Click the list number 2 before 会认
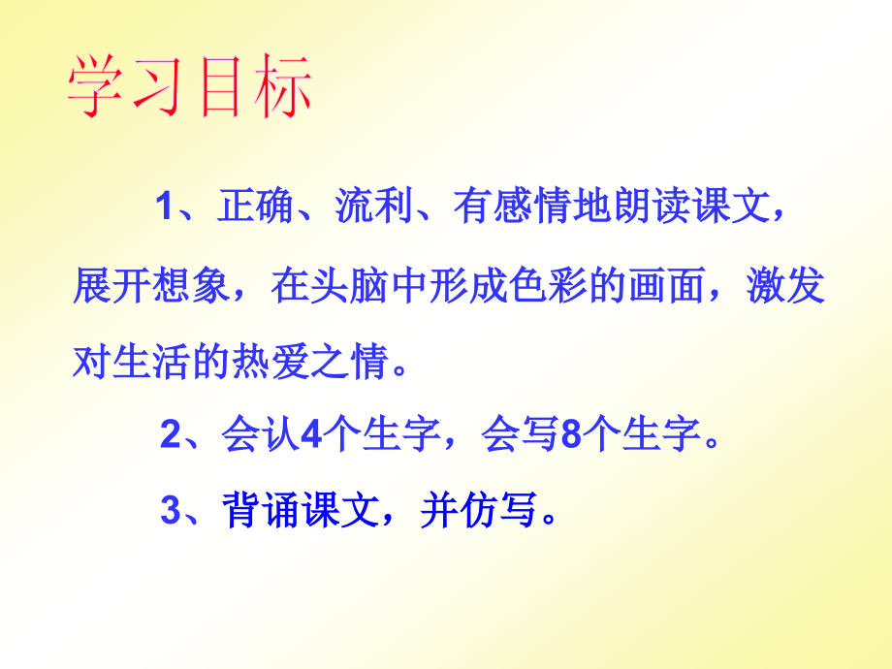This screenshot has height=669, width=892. pyautogui.click(x=171, y=437)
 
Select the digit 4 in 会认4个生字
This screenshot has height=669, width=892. pyautogui.click(x=311, y=437)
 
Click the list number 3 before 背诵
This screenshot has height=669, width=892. pyautogui.click(x=171, y=511)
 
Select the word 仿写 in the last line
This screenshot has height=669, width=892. pyautogui.click(x=500, y=511)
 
